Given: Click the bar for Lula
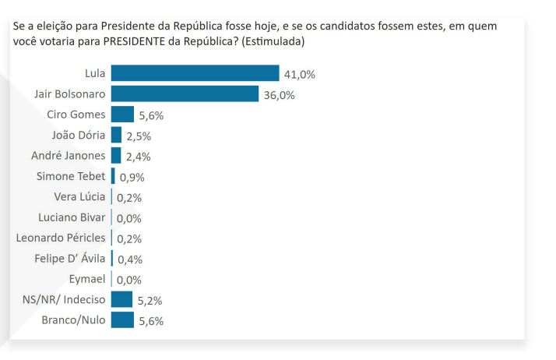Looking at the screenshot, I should (195, 73).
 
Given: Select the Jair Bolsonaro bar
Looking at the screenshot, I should (185, 94).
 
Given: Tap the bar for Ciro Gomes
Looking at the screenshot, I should (122, 115).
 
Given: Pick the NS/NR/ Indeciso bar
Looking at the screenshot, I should (121, 299).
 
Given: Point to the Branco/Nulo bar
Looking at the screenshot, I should (122, 319).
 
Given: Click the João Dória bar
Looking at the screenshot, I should (116, 135).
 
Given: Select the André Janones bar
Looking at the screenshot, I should (116, 155).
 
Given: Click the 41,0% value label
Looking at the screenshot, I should (300, 75).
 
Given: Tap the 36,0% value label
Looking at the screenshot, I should (280, 95).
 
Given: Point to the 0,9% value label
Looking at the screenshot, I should (132, 177).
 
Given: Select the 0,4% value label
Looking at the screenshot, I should (129, 259).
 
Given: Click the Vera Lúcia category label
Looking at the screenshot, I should (79, 196).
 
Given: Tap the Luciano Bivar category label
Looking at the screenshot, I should (72, 217).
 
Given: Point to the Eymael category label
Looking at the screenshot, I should (86, 278).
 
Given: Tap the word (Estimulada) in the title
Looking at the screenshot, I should (274, 41).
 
